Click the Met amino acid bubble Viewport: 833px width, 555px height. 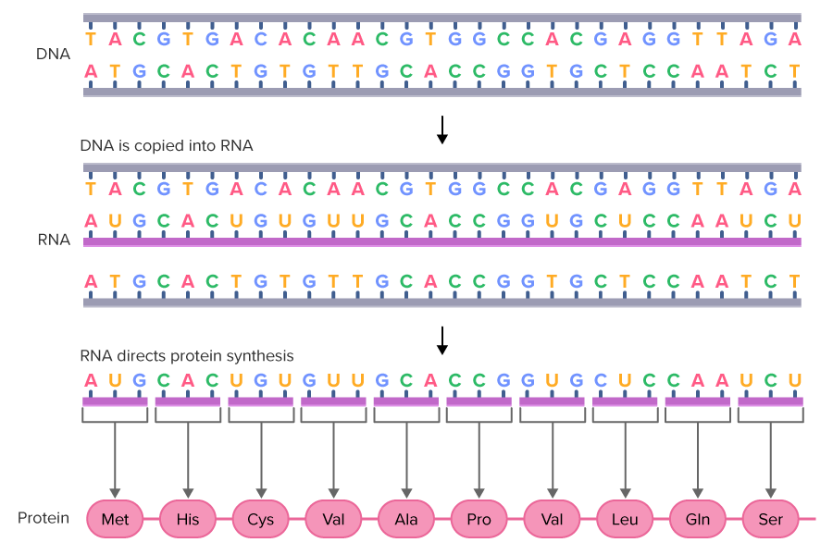(115, 519)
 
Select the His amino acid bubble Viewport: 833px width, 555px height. (188, 519)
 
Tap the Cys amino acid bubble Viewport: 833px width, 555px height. (261, 519)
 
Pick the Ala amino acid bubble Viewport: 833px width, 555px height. (406, 519)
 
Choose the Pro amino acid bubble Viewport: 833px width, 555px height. (479, 519)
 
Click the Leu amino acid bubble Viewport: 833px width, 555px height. (625, 519)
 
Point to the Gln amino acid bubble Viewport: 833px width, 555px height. (698, 519)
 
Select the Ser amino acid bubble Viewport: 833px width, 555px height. (770, 519)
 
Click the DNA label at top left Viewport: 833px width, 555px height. (53, 54)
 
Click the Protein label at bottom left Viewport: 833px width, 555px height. (44, 518)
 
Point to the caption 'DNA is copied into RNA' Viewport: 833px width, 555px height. (167, 146)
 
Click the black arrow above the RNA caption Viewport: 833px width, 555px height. (442, 129)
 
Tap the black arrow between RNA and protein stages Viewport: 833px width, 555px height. (442, 339)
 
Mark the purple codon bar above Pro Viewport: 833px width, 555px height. (479, 401)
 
